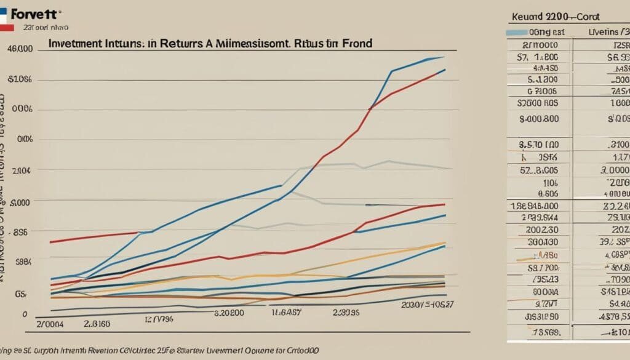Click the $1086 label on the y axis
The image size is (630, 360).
click(20, 79)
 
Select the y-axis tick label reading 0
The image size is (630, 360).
click(25, 314)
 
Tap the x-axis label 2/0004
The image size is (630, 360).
click(50, 323)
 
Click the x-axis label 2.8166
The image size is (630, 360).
click(97, 323)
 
